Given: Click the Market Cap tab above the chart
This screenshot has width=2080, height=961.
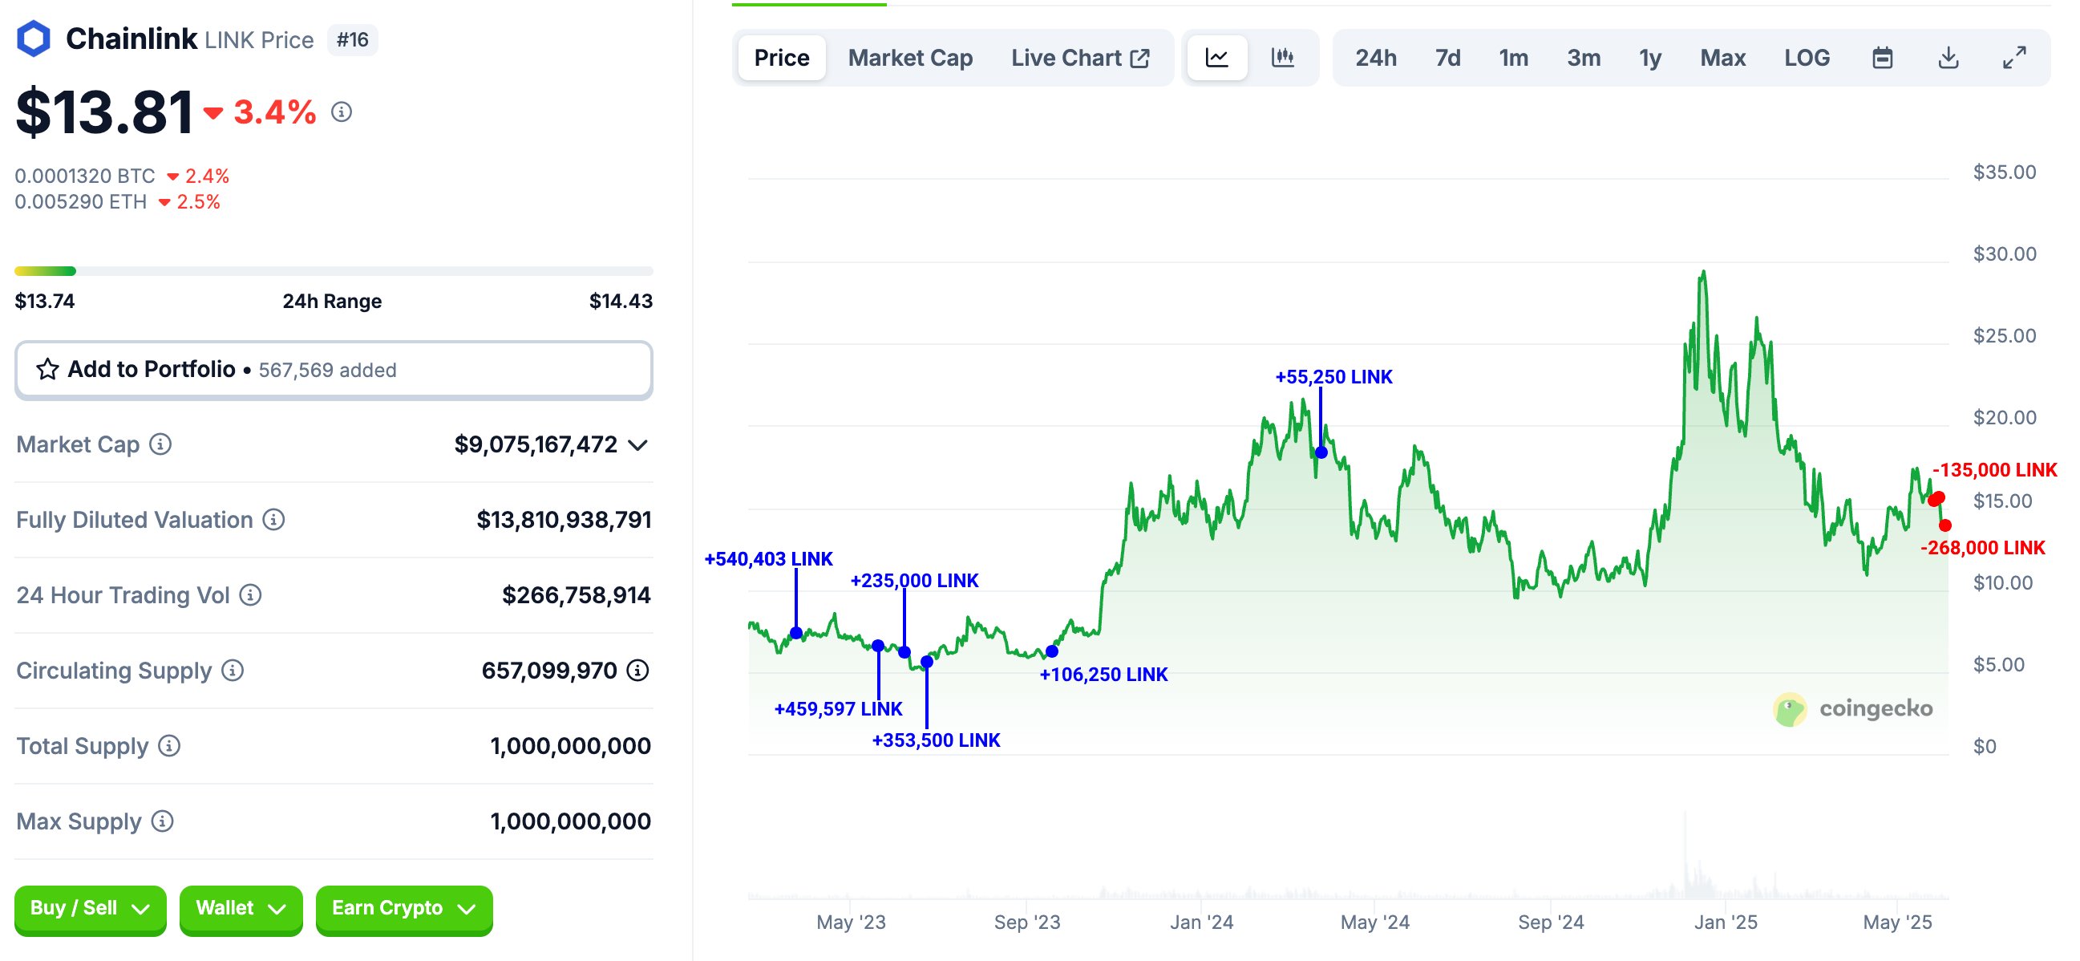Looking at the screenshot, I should [x=910, y=58].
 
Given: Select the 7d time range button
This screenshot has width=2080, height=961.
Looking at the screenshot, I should [x=1447, y=58].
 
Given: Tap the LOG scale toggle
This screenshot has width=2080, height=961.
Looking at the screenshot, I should [x=1807, y=58].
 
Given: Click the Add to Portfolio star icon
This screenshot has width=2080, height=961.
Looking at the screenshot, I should [x=47, y=370].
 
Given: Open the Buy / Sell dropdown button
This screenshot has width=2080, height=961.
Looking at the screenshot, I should [x=90, y=909].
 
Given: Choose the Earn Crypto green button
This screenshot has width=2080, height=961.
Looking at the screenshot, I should [x=403, y=909].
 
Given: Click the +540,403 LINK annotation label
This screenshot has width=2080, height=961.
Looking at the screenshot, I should [x=768, y=559].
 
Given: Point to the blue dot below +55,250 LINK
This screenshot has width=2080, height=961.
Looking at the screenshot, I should [x=1321, y=452].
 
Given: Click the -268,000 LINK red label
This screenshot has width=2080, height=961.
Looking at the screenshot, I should [x=1981, y=548].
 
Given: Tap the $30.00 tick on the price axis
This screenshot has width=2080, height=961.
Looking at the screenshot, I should [x=2004, y=254].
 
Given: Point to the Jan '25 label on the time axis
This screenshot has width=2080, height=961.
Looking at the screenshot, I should [x=1725, y=922].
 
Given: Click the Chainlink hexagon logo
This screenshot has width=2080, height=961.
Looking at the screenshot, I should [x=34, y=39].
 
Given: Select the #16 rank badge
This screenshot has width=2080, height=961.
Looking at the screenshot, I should [x=352, y=39].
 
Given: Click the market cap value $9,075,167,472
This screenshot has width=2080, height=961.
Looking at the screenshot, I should [x=536, y=444].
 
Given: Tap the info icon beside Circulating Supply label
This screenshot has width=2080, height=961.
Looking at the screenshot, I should [x=233, y=671].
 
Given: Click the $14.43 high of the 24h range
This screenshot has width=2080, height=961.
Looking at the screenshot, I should [x=620, y=302].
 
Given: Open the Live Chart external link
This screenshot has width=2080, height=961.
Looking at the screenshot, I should [x=1079, y=58].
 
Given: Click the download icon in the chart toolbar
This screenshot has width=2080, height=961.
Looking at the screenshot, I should [x=1948, y=58].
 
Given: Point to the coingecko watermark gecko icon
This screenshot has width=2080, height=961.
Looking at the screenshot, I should [x=1789, y=709].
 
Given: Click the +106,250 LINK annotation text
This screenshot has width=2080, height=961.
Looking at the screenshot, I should [x=1103, y=675].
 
